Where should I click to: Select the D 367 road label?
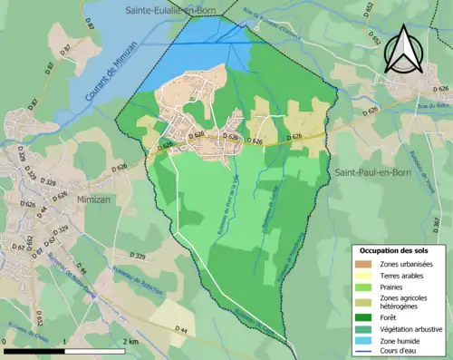tap(435, 222)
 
